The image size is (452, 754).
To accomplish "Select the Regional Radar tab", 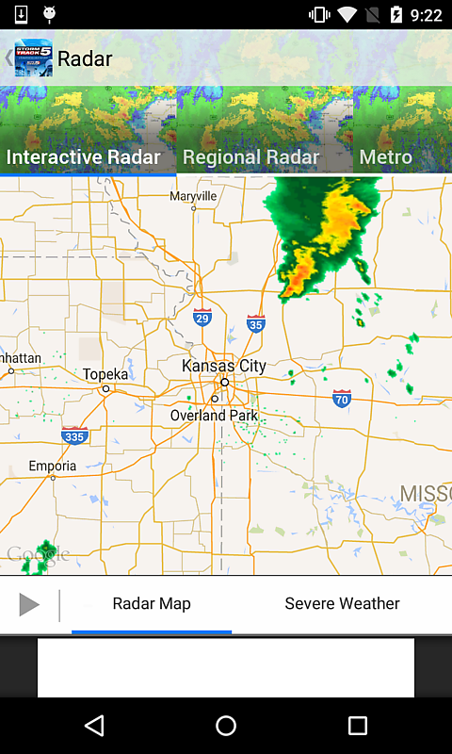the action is [x=251, y=156].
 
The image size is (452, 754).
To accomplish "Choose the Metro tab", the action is [x=386, y=156].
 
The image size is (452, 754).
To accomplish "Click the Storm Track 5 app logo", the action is [x=33, y=58].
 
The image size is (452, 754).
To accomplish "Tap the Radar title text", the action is [x=85, y=58].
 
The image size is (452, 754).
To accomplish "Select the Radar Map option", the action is [x=152, y=604].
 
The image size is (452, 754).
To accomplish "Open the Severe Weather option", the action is [x=342, y=604].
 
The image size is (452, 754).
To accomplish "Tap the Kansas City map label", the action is [x=224, y=366].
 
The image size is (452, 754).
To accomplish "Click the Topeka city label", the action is [x=105, y=374].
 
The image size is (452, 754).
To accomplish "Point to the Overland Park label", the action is [x=214, y=416].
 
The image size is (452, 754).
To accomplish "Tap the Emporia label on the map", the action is [x=52, y=466].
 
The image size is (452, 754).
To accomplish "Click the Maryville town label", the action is [x=193, y=196].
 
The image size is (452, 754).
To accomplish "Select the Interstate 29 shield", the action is [x=202, y=318].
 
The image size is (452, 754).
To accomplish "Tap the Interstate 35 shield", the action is [x=255, y=323].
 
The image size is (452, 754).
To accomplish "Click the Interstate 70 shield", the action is [x=342, y=399].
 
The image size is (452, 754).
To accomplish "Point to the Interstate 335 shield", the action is [x=74, y=435].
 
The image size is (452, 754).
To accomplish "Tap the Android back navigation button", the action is [x=93, y=725].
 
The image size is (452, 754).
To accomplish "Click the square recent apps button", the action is [x=357, y=725].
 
